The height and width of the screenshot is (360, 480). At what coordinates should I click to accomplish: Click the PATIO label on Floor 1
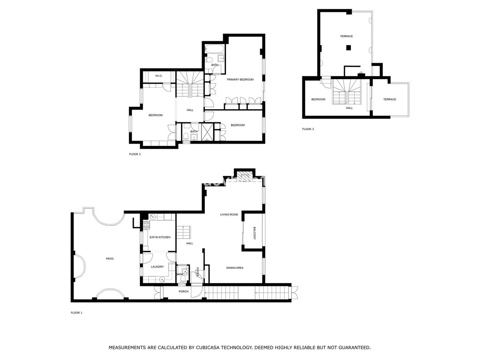[x=110, y=259]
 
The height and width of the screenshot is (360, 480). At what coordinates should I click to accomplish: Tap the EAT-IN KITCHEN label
[x=160, y=237]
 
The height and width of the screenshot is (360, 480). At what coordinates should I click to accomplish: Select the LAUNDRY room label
[x=157, y=267]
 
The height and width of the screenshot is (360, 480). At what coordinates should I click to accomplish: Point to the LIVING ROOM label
[x=229, y=215]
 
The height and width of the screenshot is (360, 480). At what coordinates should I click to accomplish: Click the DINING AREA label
[x=234, y=268]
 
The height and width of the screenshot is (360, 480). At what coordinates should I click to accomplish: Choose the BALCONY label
[x=254, y=233]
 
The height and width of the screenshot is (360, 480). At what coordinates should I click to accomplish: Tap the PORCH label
[x=183, y=291]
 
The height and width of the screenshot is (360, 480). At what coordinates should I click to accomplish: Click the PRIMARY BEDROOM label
[x=240, y=80]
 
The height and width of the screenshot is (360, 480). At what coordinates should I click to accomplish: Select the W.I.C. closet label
[x=159, y=76]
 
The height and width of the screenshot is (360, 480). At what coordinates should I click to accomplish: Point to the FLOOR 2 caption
[x=135, y=154]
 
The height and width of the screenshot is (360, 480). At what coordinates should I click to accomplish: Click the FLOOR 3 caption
[x=308, y=129]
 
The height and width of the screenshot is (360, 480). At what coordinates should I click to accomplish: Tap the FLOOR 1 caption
[x=76, y=313]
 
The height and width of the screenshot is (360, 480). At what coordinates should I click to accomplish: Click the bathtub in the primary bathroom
[x=214, y=48]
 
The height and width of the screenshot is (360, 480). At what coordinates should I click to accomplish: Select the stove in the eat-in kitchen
[x=146, y=225]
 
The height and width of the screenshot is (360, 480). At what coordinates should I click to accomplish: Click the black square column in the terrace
[x=348, y=48]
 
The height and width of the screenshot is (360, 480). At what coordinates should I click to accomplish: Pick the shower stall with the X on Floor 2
[x=207, y=132]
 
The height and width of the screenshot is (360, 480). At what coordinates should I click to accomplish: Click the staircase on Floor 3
[x=346, y=92]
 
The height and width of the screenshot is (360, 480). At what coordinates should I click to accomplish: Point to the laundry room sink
[x=162, y=280]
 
